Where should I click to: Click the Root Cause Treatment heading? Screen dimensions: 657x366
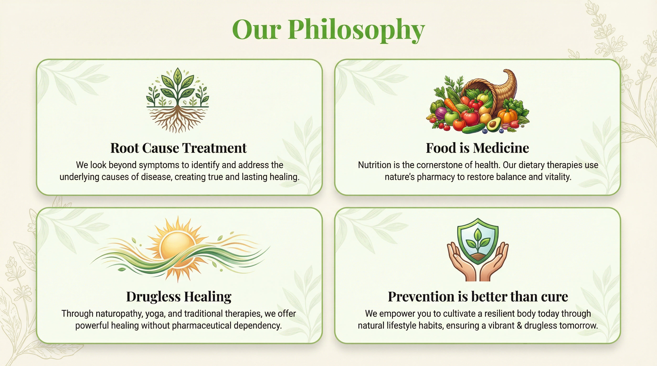[179, 148]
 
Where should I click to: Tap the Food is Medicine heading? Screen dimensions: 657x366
[477, 148]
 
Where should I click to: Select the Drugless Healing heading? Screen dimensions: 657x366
[179, 297]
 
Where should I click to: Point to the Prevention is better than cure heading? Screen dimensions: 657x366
[478, 296]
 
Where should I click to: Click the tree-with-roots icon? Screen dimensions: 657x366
[178, 100]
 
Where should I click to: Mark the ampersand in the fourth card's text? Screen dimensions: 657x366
[519, 325]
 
